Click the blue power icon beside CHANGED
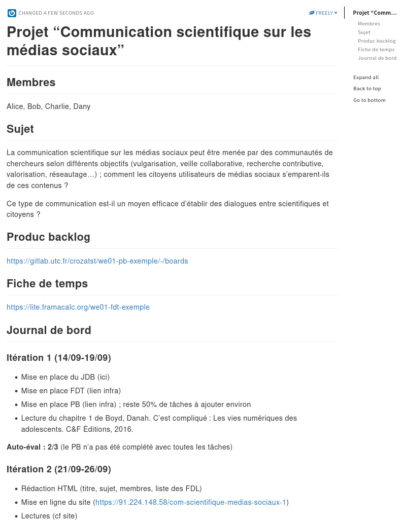(x=12, y=13)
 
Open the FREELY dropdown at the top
(x=323, y=13)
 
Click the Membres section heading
(x=31, y=83)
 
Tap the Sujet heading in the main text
(x=20, y=129)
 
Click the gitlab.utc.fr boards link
(x=97, y=261)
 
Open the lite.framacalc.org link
(x=78, y=307)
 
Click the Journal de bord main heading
(x=49, y=330)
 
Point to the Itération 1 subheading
(x=58, y=358)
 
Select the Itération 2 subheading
(x=58, y=469)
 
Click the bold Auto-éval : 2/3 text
(x=32, y=447)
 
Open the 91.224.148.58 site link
(x=191, y=502)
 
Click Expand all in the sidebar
(x=366, y=78)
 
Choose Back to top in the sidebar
(x=367, y=89)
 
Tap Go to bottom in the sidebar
(x=369, y=100)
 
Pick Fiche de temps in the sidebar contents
(x=376, y=50)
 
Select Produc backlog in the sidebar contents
(x=376, y=41)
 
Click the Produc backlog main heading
(x=48, y=237)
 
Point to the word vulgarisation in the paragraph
(x=154, y=164)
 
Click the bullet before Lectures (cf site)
(x=16, y=516)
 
